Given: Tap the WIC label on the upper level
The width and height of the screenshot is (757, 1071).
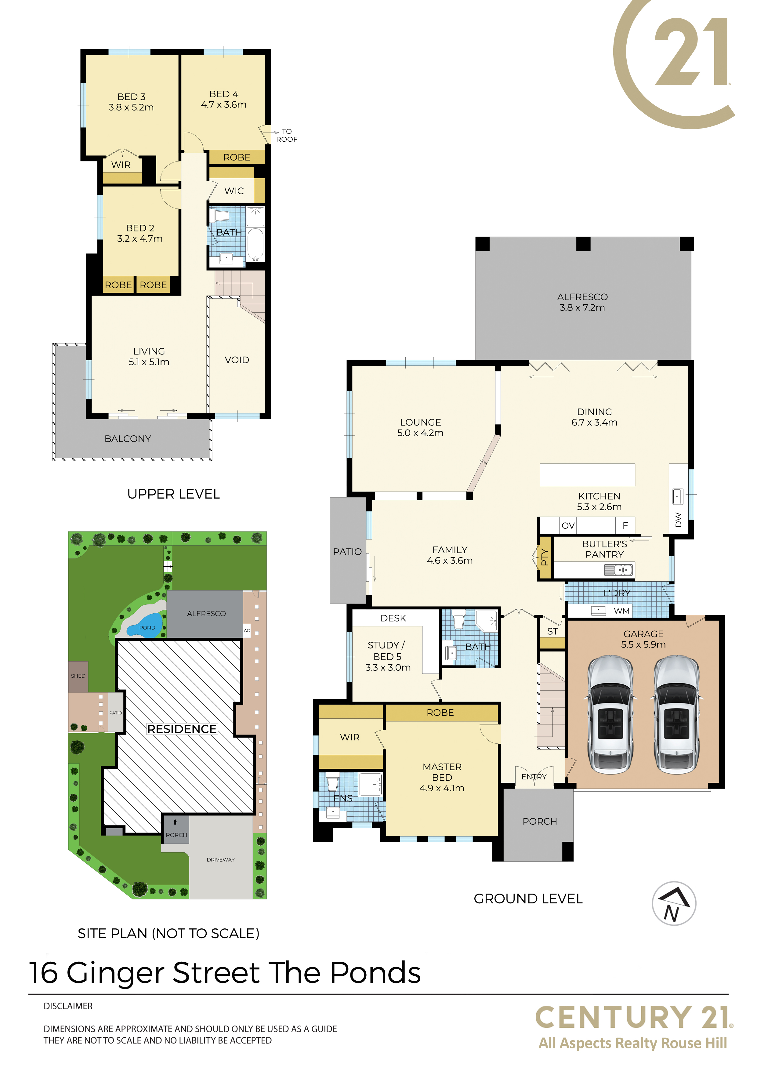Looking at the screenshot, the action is [234, 191].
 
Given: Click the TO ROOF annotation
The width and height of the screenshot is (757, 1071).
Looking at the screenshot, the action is [286, 135].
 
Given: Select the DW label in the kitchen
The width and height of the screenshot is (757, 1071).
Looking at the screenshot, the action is [679, 520].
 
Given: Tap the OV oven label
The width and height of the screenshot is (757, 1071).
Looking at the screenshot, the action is [568, 526].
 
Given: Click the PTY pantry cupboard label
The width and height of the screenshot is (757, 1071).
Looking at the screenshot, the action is [544, 557].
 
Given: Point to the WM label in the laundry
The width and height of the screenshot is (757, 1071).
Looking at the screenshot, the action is [622, 611].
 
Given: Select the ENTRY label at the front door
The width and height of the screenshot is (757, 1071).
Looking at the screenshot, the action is [534, 777].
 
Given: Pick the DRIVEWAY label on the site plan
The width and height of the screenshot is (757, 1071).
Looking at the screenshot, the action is [221, 860].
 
